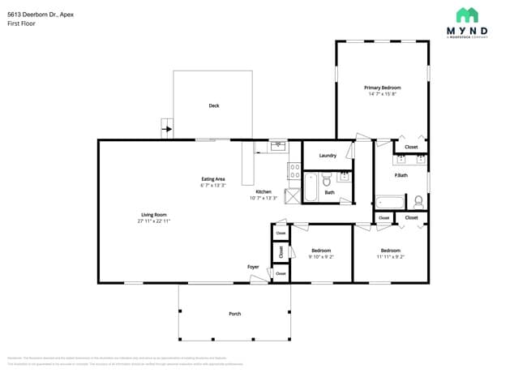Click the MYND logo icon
[467, 15]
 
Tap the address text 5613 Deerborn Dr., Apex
[38, 14]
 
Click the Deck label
[214, 105]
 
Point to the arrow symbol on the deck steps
[168, 127]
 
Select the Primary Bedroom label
[382, 88]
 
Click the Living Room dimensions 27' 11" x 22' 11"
[154, 221]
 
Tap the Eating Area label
[213, 178]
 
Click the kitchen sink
[278, 146]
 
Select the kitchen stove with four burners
[293, 171]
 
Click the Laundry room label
[328, 155]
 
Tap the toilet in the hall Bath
[327, 179]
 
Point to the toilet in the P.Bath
[418, 200]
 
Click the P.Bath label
[401, 175]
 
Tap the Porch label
[234, 313]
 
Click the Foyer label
[254, 266]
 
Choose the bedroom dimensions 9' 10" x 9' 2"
[321, 256]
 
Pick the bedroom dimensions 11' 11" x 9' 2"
[390, 256]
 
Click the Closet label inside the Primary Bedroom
[411, 147]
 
